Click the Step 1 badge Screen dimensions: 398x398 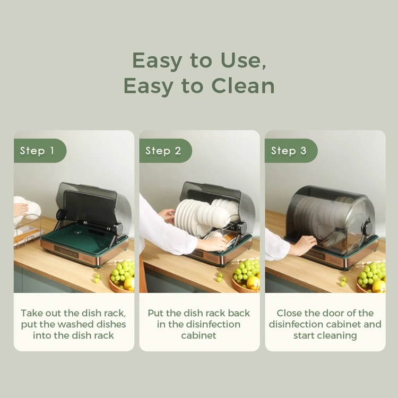(x=37, y=151)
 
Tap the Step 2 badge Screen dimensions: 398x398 (x=163, y=151)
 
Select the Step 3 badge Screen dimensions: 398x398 (x=289, y=151)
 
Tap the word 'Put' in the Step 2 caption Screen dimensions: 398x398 (x=156, y=313)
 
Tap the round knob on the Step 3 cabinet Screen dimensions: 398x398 (x=367, y=227)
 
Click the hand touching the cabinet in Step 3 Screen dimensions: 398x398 (x=302, y=245)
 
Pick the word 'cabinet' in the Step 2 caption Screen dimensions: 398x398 (x=199, y=335)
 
